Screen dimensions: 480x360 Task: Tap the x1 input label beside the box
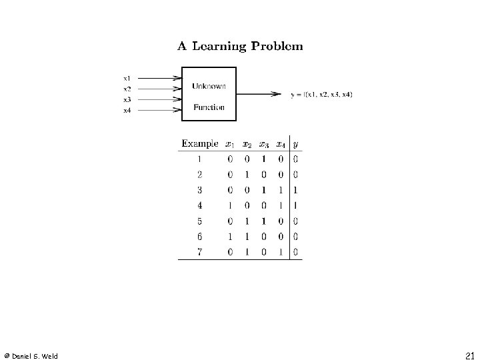coord(127,78)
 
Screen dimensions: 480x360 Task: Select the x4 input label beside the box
coord(127,111)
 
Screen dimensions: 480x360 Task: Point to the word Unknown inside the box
coord(209,85)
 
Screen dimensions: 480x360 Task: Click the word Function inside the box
coord(209,107)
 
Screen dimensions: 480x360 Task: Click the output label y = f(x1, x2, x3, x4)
coord(322,94)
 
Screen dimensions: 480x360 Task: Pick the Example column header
coord(199,143)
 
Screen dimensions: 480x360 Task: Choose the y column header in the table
coord(295,144)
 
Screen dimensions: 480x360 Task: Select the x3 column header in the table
coord(264,144)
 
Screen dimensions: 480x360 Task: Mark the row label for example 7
coord(199,253)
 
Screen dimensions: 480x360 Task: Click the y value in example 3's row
coord(295,190)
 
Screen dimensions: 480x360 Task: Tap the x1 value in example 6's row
coord(230,237)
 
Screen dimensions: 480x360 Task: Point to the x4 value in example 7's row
coord(280,253)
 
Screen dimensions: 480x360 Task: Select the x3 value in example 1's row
coord(264,159)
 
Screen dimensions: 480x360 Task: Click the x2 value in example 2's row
coord(247,175)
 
